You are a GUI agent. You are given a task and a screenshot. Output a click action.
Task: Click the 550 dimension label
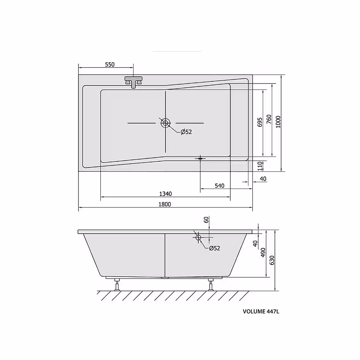[110, 64]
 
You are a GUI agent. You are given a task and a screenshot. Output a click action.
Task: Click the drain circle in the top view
[165, 123]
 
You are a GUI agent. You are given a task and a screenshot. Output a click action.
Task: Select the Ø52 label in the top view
[186, 132]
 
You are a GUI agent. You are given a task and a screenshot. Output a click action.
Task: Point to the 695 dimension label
[260, 122]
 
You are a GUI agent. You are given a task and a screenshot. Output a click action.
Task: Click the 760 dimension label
[269, 119]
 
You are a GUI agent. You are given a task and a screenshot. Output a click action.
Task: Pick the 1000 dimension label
[278, 122]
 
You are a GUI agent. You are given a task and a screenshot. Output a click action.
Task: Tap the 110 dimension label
[260, 166]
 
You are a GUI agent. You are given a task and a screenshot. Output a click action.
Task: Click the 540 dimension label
[219, 186]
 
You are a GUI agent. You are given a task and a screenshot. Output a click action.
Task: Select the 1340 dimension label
[165, 194]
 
